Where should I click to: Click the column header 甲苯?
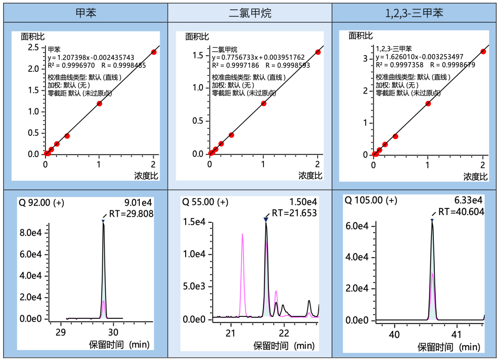click(x=86, y=13)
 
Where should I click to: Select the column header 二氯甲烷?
click(x=250, y=13)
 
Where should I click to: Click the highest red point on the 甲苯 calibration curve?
click(x=154, y=52)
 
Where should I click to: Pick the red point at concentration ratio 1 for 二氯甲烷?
click(x=263, y=103)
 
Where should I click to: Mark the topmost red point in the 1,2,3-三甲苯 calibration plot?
click(x=483, y=51)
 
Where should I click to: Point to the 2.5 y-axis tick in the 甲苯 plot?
click(x=33, y=47)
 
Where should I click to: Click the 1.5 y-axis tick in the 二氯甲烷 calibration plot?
click(x=198, y=56)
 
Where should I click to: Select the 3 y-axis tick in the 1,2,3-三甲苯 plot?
click(x=365, y=58)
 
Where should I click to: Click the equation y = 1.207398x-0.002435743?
click(x=91, y=57)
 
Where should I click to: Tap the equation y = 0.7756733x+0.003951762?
click(x=258, y=57)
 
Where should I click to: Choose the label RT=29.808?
click(x=131, y=214)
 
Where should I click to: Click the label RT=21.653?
click(x=294, y=213)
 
